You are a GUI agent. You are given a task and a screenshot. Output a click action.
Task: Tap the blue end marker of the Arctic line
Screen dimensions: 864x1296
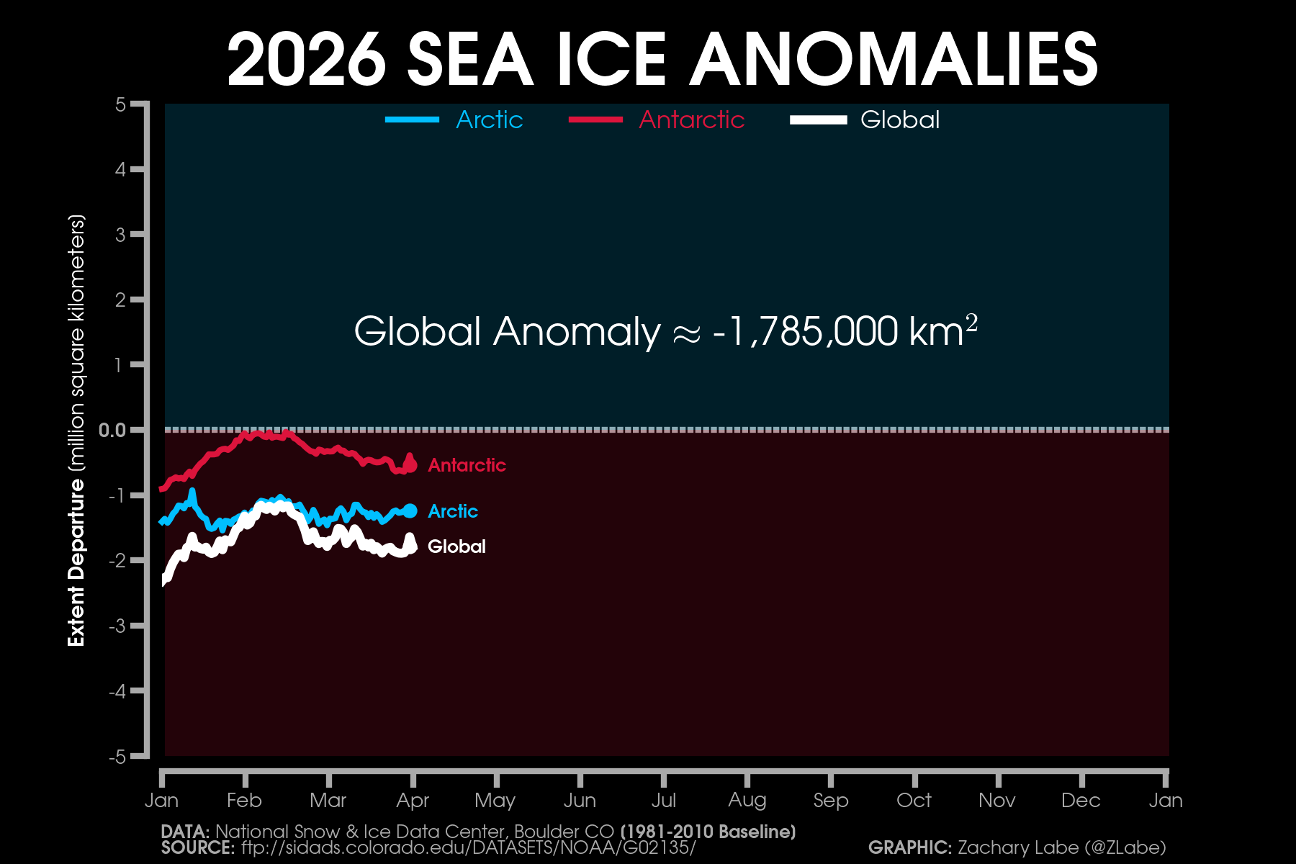(410, 511)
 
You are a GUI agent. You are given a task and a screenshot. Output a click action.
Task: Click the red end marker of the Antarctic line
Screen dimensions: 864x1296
(410, 466)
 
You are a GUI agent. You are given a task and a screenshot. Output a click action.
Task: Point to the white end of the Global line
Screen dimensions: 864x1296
(412, 547)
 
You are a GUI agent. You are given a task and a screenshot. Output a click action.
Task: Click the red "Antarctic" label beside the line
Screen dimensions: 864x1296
(467, 465)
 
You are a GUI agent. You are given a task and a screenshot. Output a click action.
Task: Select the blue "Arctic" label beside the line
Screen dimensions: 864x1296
(452, 511)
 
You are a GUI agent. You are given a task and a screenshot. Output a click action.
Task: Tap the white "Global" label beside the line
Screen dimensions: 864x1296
(456, 546)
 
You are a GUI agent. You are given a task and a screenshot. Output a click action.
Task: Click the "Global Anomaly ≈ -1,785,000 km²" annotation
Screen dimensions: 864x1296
(665, 331)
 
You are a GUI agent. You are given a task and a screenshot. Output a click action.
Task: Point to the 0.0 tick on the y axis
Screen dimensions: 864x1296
(112, 430)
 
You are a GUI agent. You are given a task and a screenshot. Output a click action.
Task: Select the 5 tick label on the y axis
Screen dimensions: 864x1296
(120, 105)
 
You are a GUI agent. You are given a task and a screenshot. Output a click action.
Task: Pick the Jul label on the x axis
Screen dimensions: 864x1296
(663, 800)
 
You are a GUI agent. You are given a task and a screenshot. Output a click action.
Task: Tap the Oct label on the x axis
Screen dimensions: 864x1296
(914, 800)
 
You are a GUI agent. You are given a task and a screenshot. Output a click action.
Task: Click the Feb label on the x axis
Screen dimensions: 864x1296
(244, 800)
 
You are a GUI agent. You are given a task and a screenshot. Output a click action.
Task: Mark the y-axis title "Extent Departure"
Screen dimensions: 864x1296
(76, 563)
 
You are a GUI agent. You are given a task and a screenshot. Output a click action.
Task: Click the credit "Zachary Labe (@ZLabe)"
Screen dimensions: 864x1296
(1061, 847)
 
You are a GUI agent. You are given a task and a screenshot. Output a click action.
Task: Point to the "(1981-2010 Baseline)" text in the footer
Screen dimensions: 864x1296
(708, 832)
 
